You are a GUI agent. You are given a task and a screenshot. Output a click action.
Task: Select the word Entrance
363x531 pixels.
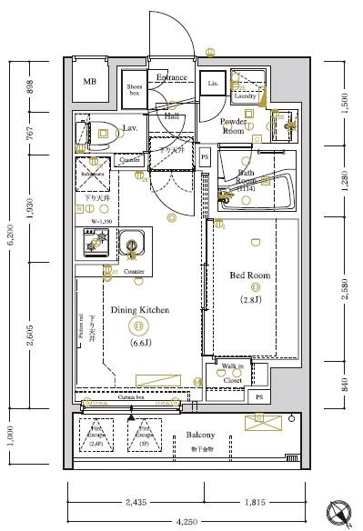(171, 77)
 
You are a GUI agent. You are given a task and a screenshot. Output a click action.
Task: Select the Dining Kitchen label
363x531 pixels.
(140, 310)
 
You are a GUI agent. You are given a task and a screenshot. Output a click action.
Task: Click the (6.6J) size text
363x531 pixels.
(140, 345)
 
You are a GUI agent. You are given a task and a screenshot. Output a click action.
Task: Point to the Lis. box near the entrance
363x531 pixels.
(214, 84)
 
